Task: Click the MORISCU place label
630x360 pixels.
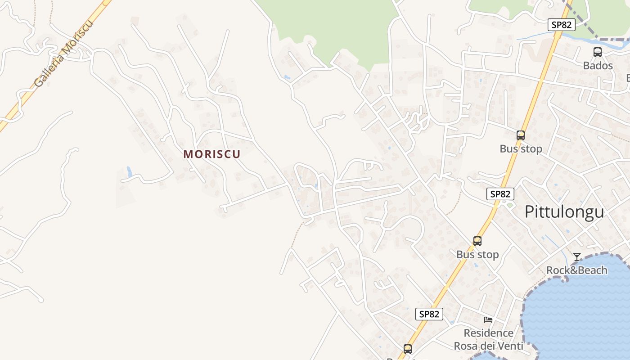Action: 212,154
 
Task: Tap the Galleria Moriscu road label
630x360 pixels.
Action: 64,53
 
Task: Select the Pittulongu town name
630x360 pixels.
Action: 564,211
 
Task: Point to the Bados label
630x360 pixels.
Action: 598,66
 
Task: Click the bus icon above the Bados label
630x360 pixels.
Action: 598,52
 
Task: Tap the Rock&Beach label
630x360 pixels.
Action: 576,270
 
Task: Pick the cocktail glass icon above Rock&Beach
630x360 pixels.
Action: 577,257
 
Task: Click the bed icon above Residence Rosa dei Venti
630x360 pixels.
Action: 488,320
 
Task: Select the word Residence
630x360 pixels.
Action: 488,333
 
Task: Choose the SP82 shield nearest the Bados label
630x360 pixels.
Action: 561,25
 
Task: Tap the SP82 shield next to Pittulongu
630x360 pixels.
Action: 500,194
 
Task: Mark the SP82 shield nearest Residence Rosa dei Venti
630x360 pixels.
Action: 429,314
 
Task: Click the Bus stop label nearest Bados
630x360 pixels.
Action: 521,148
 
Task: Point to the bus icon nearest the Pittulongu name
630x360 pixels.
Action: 521,135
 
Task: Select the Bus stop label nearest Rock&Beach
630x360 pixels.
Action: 477,254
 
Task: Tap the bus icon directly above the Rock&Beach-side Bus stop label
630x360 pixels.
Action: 477,241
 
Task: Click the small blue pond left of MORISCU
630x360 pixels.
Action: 130,171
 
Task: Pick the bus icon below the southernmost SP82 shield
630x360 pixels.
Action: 408,349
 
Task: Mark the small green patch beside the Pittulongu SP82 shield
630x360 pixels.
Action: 510,205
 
